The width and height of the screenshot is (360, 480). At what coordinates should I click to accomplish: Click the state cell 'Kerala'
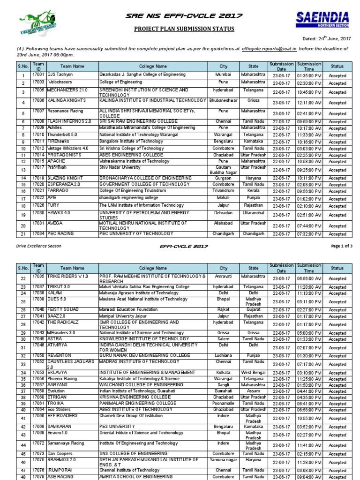[x=253, y=191]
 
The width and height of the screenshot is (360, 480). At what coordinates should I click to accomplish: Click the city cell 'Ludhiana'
[x=224, y=356]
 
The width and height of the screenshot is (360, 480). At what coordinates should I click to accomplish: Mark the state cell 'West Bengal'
[x=253, y=372]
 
